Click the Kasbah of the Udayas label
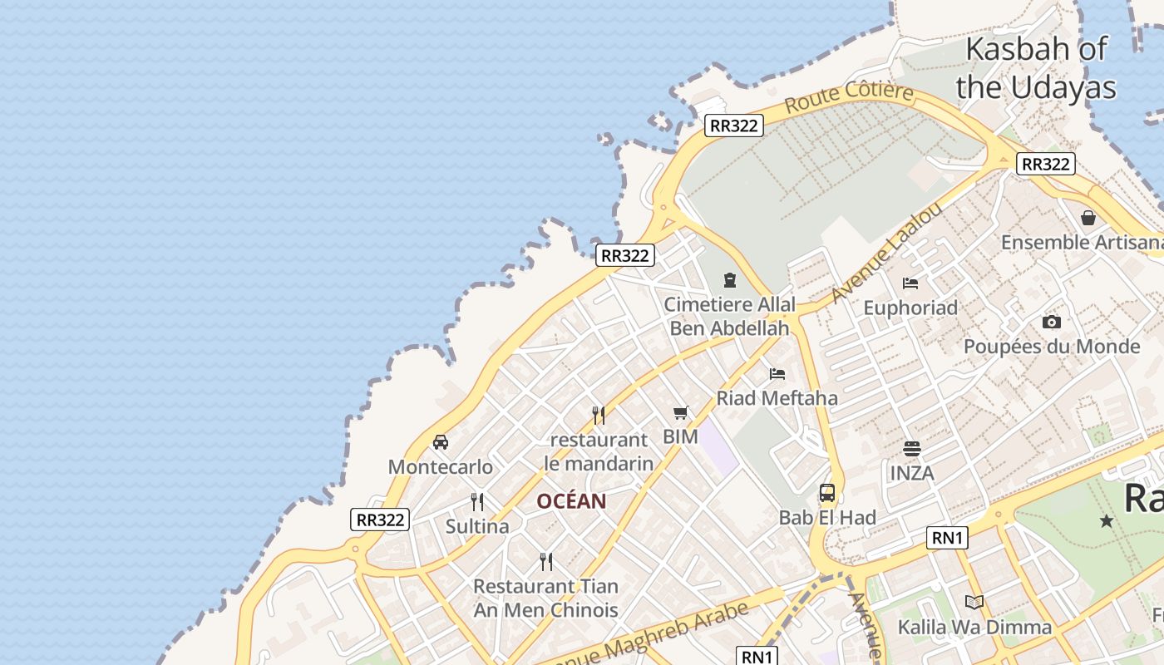(1036, 67)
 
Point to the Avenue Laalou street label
(887, 252)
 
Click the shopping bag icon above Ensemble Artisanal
(1088, 218)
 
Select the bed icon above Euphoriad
(910, 283)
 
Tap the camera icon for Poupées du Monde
(1052, 322)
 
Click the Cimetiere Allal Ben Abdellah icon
(730, 280)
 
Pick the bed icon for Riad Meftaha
(777, 373)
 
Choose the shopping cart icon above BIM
(681, 412)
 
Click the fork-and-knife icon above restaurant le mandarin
(599, 415)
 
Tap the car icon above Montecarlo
(441, 442)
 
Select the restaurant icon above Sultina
(477, 501)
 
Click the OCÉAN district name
(571, 501)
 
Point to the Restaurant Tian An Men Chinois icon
(546, 561)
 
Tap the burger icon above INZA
(912, 449)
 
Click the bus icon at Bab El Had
(827, 493)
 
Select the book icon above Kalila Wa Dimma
(974, 602)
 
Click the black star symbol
(1107, 521)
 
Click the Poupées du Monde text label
(1052, 347)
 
